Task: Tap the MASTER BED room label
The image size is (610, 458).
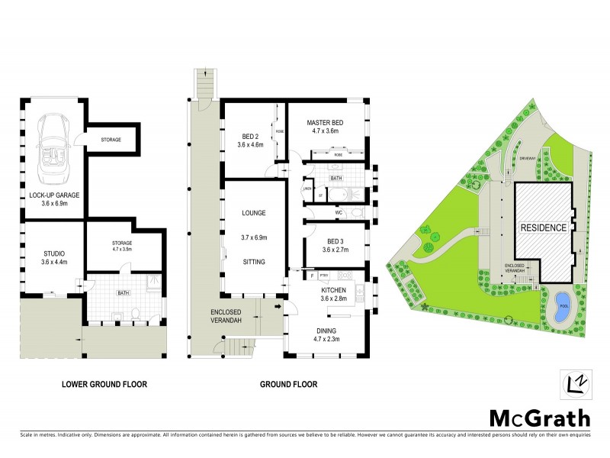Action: pos(328,123)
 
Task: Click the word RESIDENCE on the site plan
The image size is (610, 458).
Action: pos(543,227)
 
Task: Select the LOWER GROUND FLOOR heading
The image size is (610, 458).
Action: pos(104,384)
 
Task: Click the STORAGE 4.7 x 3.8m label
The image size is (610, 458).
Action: pos(112,244)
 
